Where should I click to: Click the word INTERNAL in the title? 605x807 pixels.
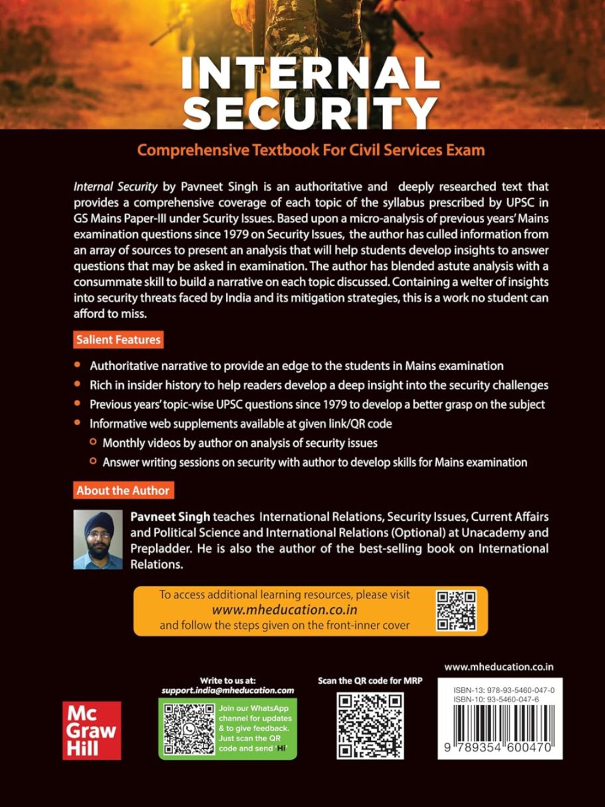[310, 75]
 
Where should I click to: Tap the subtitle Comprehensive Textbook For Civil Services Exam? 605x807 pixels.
[310, 150]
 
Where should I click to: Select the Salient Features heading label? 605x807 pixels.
[118, 340]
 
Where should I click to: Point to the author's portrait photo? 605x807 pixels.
[98, 539]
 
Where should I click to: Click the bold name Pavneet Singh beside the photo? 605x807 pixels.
[157, 516]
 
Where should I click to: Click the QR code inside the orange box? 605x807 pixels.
[456, 610]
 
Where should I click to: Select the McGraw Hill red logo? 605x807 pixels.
[92, 730]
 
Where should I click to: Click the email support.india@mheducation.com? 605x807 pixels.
[227, 690]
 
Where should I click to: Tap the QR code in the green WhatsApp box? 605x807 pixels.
[187, 729]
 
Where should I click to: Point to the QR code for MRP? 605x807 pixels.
[370, 726]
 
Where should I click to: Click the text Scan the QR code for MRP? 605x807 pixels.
[370, 681]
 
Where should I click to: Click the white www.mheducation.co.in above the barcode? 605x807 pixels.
[499, 666]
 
